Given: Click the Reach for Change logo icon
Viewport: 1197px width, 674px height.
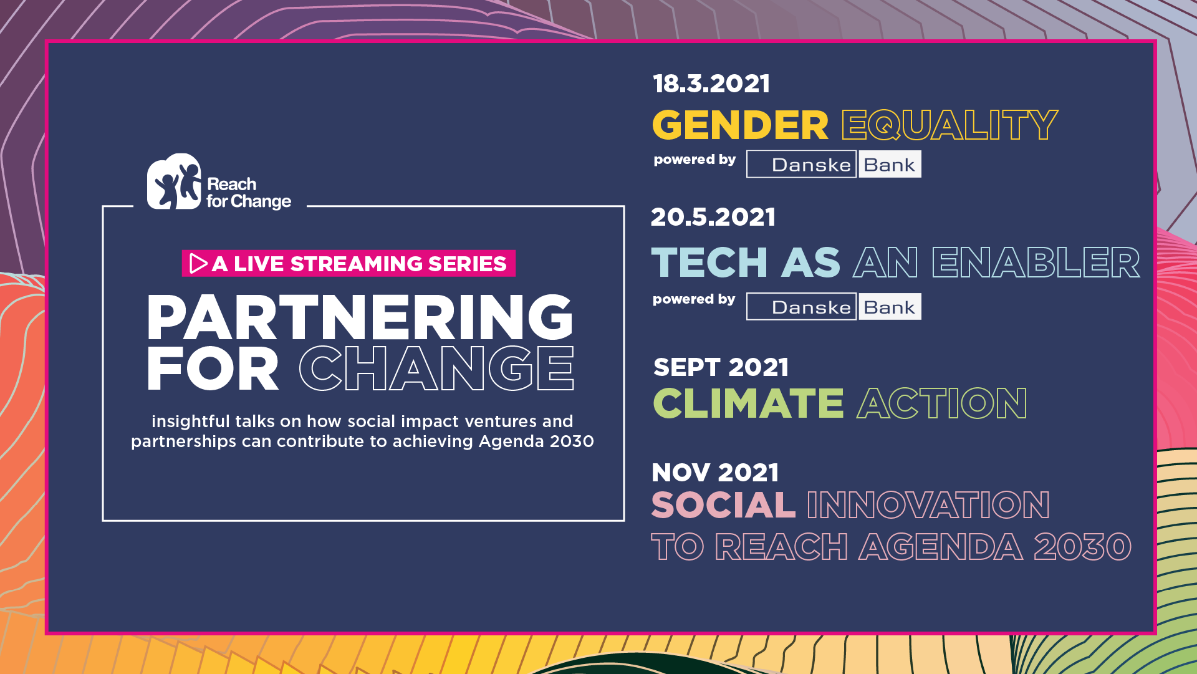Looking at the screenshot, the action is tap(174, 181).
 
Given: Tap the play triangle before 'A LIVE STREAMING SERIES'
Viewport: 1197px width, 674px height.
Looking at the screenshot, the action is tap(198, 263).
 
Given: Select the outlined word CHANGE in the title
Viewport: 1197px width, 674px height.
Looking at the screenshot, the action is tap(436, 368).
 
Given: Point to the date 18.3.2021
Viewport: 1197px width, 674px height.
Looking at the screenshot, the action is tap(711, 84).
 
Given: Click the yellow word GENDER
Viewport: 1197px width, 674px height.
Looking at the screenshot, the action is tap(741, 125).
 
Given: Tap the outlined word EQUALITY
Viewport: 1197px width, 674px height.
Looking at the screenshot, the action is tap(949, 125).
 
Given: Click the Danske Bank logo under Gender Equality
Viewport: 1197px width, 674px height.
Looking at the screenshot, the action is tap(834, 164).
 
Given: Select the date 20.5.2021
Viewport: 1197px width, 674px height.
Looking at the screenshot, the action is tap(713, 217).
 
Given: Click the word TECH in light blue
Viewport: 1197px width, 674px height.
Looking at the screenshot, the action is tap(709, 262).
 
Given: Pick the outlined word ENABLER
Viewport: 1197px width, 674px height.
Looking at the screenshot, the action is tap(1036, 262).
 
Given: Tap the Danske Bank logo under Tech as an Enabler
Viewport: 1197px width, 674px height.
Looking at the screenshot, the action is tap(834, 306).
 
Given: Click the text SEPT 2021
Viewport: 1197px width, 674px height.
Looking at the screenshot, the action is tap(721, 367).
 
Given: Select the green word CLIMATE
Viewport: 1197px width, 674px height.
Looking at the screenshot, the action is tap(748, 403).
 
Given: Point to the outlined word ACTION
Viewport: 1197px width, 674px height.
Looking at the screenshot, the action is tap(942, 403).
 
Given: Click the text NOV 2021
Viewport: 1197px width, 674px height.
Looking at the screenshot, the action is tap(715, 473).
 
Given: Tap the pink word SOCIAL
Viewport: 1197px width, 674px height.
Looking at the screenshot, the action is tap(723, 504).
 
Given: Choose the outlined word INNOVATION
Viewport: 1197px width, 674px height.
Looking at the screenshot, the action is tap(928, 504).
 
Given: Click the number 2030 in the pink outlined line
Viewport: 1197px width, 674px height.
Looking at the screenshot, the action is tap(1083, 547).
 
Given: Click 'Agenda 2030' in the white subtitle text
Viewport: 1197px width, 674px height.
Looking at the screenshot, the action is tap(536, 441).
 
